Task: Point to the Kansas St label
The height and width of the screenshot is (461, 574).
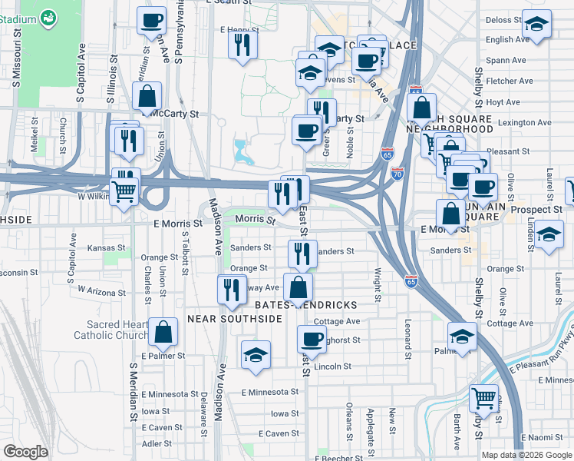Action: click(106, 248)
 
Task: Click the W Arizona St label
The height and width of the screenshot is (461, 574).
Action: click(101, 292)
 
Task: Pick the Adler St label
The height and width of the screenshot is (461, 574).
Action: click(157, 443)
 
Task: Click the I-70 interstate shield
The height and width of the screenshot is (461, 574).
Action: click(397, 174)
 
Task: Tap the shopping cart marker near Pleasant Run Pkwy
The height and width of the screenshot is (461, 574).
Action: click(484, 397)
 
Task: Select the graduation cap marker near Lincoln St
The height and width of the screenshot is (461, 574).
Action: click(256, 354)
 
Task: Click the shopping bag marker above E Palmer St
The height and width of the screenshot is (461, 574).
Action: click(163, 332)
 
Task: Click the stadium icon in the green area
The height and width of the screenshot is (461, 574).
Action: click(48, 16)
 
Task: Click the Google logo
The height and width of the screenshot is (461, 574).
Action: click(25, 451)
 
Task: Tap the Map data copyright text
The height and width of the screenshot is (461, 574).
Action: click(526, 455)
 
